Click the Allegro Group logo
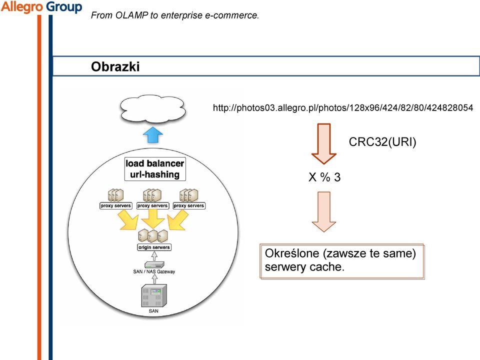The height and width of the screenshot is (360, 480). [x=41, y=6]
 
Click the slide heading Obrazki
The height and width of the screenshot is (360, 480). [x=115, y=66]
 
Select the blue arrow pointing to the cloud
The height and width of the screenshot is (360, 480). [x=153, y=134]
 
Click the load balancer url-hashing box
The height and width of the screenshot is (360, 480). [x=155, y=168]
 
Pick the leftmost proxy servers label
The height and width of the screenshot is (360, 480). [x=115, y=205]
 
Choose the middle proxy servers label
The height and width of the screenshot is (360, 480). [x=152, y=205]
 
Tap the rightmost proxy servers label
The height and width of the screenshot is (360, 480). [x=189, y=205]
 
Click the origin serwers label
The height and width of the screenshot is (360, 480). [x=154, y=247]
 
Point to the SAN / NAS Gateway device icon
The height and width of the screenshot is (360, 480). [x=154, y=265]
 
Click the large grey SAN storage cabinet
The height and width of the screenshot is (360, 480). [x=154, y=295]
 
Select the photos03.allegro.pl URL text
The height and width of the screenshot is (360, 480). [x=343, y=108]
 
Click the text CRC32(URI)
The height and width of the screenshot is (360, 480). [x=382, y=141]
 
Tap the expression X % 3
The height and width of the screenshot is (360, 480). [x=324, y=177]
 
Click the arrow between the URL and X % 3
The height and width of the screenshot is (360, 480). [x=324, y=144]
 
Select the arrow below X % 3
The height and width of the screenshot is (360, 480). [x=324, y=212]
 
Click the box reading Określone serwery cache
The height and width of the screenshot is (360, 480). [x=342, y=261]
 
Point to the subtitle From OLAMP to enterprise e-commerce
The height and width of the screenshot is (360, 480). [x=175, y=15]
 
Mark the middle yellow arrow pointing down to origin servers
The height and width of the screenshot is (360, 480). [x=152, y=218]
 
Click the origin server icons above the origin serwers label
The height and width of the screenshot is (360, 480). [x=153, y=235]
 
